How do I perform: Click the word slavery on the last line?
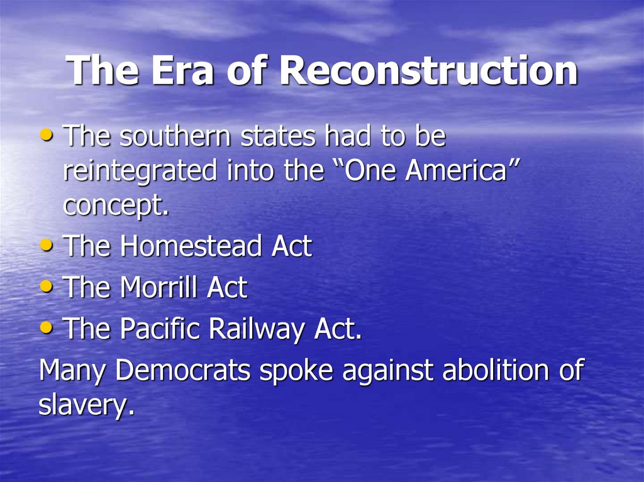pos(86,406)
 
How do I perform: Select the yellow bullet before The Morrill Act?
pos(47,287)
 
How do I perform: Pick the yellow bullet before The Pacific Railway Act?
pos(47,328)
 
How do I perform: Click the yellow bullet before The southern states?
pos(47,135)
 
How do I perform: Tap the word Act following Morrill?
pos(227,288)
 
